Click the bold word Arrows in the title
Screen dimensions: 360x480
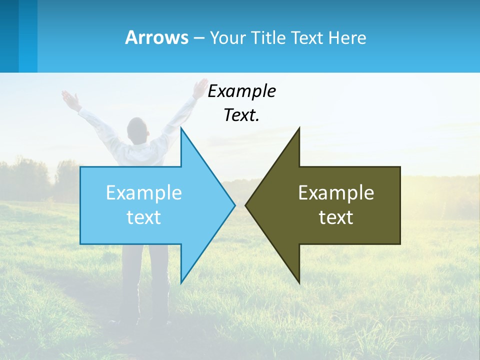[156, 37]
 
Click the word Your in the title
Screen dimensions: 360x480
[227, 38]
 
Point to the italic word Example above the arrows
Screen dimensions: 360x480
[241, 91]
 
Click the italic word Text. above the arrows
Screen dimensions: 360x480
[241, 115]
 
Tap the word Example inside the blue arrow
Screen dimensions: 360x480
[144, 192]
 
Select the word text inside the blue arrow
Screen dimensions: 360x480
[144, 217]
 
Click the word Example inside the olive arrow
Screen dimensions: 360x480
[336, 192]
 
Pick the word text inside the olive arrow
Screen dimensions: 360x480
[336, 217]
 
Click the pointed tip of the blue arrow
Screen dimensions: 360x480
[234, 205]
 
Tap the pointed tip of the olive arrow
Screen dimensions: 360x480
[246, 205]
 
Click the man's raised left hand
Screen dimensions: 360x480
[70, 99]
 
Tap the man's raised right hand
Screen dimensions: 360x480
[200, 87]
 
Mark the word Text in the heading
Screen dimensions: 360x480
[307, 38]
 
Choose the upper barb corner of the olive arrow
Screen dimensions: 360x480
[299, 128]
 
